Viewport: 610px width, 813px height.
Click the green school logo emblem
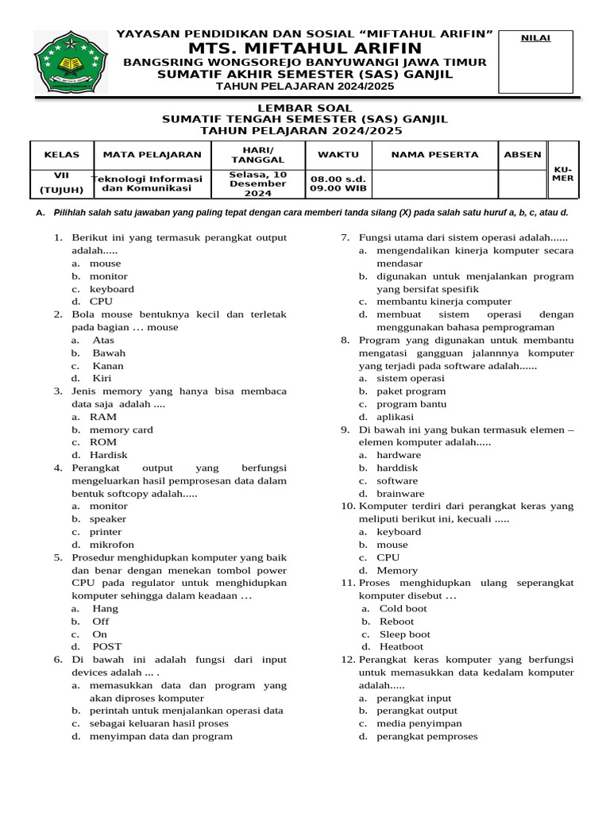tap(70, 62)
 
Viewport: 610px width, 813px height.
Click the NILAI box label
tap(535, 38)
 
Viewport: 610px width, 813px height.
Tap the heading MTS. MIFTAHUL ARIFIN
tap(304, 49)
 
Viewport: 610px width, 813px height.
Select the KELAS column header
tap(62, 155)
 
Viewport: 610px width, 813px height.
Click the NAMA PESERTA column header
tap(434, 155)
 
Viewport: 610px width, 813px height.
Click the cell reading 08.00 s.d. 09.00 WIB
tap(337, 184)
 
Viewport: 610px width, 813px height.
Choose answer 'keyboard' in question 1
tap(111, 289)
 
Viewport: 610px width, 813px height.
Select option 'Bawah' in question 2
tap(109, 353)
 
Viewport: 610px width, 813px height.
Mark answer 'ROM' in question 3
tap(102, 442)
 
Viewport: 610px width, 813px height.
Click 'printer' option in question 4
tap(106, 532)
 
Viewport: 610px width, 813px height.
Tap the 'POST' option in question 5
tap(107, 647)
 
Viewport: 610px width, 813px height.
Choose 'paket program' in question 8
tap(411, 391)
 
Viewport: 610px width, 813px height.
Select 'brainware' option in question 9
tap(400, 494)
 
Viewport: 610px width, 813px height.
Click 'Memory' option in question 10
tap(396, 570)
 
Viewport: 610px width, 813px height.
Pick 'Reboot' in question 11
tap(396, 622)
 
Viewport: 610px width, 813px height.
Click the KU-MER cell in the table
tap(563, 174)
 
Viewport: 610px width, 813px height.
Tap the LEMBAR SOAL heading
tap(304, 108)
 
